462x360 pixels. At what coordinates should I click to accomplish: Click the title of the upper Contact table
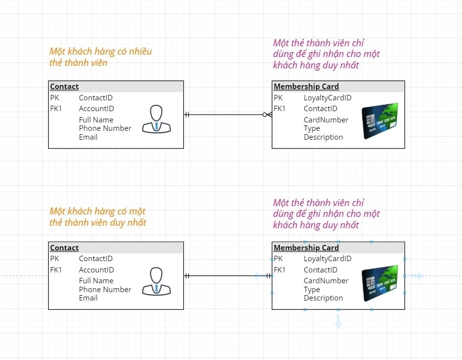point(64,87)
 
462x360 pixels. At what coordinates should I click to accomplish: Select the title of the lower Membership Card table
point(306,248)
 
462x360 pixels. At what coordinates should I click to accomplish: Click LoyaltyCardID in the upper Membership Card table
point(327,97)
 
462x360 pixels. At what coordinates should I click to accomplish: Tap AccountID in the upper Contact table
point(96,109)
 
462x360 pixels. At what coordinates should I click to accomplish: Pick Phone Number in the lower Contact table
point(105,289)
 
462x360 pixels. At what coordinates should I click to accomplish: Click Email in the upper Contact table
point(88,137)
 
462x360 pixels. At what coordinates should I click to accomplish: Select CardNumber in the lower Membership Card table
point(326,281)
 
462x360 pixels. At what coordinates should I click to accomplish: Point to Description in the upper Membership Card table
point(323,137)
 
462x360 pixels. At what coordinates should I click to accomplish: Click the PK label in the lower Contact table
point(55,259)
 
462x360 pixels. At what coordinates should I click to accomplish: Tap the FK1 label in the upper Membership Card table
point(280,109)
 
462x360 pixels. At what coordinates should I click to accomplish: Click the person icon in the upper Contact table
point(156,119)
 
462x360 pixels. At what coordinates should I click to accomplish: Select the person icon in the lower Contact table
point(156,281)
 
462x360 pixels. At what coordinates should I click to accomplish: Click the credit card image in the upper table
point(380,121)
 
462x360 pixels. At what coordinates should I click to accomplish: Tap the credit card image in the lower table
point(380,283)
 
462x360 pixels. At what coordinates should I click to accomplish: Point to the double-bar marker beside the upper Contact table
point(187,115)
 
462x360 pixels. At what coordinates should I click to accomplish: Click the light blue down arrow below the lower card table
point(338,321)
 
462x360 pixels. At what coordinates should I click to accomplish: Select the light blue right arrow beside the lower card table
point(417,276)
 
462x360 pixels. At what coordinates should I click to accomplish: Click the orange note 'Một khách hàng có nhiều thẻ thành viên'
point(100,57)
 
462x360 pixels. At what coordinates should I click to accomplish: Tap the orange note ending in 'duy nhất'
point(98,217)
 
